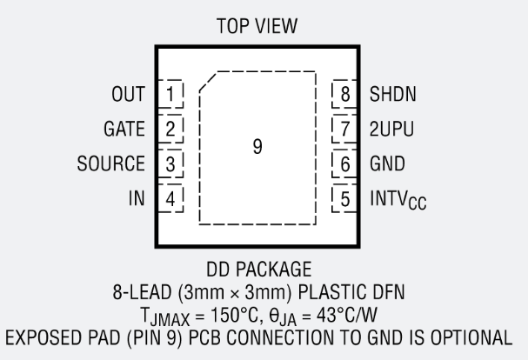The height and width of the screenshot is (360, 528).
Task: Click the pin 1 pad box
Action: (170, 93)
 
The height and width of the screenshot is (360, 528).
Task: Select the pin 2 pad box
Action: (170, 129)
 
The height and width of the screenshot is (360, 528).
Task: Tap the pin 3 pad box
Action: (170, 163)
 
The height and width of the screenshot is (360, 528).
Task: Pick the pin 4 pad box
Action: (170, 199)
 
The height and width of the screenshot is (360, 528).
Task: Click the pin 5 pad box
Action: (345, 199)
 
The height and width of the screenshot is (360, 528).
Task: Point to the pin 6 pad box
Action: (345, 163)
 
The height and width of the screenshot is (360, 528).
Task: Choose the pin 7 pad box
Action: (345, 129)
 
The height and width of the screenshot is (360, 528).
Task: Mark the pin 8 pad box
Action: (345, 93)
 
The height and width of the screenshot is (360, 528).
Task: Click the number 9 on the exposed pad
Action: (257, 147)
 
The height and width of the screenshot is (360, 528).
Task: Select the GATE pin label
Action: (124, 129)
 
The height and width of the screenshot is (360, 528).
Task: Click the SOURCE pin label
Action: (110, 163)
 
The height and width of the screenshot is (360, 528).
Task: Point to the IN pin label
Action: (137, 199)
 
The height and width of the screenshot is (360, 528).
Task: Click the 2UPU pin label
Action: (391, 129)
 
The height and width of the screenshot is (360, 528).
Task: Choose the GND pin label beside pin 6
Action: (387, 163)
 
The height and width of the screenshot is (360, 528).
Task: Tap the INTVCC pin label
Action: (398, 201)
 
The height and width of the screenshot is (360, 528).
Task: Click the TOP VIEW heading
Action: (257, 27)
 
